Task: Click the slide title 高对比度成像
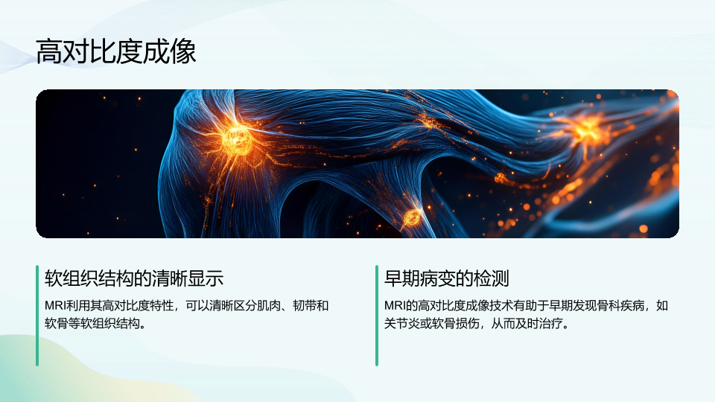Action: [116, 51]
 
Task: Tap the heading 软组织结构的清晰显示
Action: [134, 278]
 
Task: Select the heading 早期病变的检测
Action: [446, 278]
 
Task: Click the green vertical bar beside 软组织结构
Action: [37, 316]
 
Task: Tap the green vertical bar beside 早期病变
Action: [377, 316]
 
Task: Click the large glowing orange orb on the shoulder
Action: [236, 139]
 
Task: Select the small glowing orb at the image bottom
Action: [413, 218]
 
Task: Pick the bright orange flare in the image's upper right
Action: [585, 130]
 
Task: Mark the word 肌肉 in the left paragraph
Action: [269, 305]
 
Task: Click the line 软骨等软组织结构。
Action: [95, 324]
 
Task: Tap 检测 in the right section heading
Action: [491, 278]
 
